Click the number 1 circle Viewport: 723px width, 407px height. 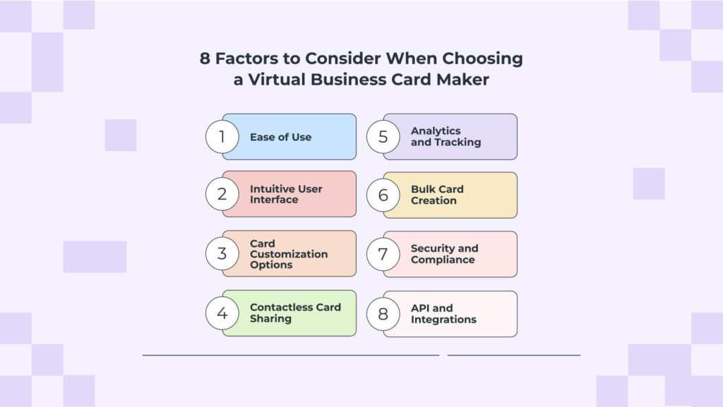click(222, 137)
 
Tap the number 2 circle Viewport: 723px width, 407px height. click(222, 194)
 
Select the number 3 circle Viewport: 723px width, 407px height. click(222, 254)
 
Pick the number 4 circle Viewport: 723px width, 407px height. click(222, 313)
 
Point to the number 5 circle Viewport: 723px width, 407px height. click(383, 137)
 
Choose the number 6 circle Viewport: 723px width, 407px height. click(383, 195)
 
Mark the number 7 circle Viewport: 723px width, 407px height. click(383, 254)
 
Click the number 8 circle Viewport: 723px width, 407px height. click(383, 314)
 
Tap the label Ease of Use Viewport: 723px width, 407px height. click(280, 137)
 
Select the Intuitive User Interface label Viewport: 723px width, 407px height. click(286, 194)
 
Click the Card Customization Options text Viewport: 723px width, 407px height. click(288, 254)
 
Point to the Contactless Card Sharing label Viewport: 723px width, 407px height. click(295, 313)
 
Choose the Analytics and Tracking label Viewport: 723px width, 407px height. click(446, 136)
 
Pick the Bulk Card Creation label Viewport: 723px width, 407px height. click(437, 195)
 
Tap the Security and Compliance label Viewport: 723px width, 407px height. click(444, 254)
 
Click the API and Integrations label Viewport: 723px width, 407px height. click(443, 314)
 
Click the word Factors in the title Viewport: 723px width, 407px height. click(242, 59)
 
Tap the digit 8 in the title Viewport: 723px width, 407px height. click(205, 59)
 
